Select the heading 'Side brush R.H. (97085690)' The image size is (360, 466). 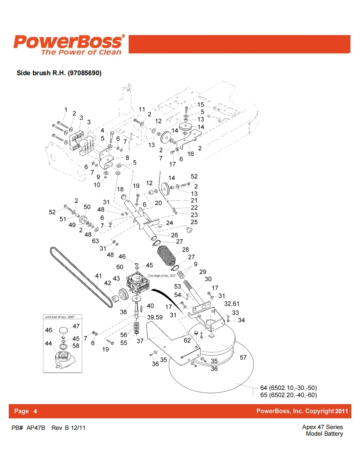tap(59, 73)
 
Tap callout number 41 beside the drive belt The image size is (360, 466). tap(99, 275)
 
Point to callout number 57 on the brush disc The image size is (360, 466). tap(244, 357)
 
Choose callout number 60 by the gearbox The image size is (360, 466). tap(120, 267)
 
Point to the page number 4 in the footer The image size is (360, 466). tap(35, 411)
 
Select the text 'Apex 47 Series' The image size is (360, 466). tap(323, 427)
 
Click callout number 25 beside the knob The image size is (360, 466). tap(194, 222)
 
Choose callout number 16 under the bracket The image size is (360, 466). tap(191, 154)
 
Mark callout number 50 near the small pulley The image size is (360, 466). tap(87, 207)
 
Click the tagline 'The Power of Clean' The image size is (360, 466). tap(81, 52)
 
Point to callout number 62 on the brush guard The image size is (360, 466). tap(187, 341)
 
